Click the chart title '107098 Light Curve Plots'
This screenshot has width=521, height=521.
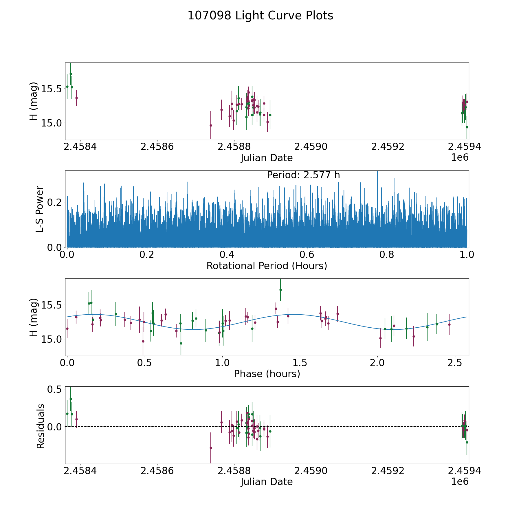[260, 16]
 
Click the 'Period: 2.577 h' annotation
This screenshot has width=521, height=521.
[303, 175]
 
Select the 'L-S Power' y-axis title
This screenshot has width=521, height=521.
[40, 209]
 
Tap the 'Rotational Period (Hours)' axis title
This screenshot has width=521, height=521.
[267, 266]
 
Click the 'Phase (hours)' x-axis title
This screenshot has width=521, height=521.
[267, 374]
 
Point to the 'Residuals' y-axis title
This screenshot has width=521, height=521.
[41, 426]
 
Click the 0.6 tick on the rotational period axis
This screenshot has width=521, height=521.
[307, 255]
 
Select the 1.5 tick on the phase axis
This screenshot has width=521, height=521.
[300, 363]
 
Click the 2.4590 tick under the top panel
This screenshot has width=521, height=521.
[311, 147]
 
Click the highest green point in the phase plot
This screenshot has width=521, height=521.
[280, 290]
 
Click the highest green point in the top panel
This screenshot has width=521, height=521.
[71, 74]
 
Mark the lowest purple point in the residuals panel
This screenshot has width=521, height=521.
[211, 448]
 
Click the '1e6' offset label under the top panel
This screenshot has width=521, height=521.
[460, 157]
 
